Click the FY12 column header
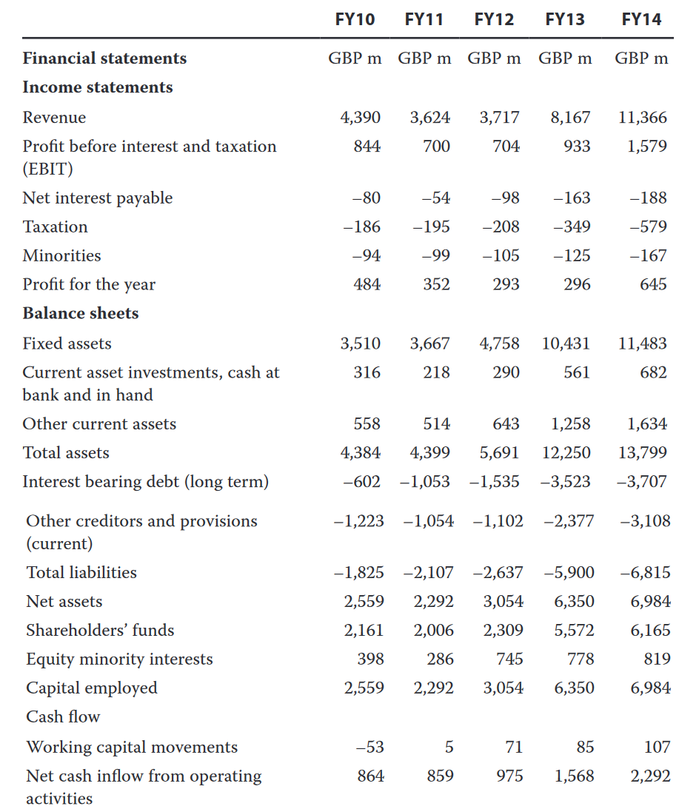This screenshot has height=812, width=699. click(494, 20)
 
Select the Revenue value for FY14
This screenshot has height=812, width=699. click(642, 118)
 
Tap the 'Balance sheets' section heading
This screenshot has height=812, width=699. click(80, 313)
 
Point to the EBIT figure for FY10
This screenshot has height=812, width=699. click(367, 147)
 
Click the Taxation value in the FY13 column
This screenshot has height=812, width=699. click(572, 227)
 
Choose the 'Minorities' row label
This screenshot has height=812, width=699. click(61, 256)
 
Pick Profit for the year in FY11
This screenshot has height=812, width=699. click(436, 284)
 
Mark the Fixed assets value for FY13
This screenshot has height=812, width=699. click(566, 344)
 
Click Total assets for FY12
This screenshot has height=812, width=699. click(499, 453)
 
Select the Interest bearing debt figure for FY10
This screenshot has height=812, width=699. click(361, 482)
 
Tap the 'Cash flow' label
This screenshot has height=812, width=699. click(63, 717)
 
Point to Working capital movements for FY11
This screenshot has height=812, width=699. click(449, 748)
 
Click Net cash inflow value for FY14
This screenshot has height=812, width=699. click(650, 776)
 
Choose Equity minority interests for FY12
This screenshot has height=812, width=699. click(509, 660)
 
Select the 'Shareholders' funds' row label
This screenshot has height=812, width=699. click(100, 630)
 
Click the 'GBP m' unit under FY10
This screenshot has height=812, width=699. click(355, 58)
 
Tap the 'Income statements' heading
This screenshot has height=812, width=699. click(98, 87)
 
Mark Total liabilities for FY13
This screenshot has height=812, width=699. click(569, 573)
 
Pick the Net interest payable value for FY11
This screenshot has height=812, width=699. click(436, 198)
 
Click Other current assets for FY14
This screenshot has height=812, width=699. click(647, 424)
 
